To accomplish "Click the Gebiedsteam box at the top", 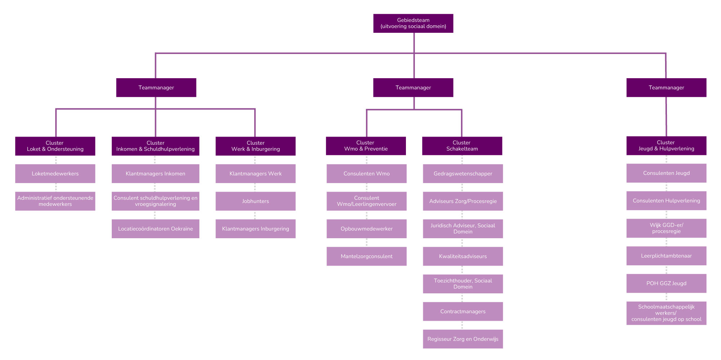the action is click(x=413, y=23).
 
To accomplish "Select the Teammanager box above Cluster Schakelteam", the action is click(x=413, y=88).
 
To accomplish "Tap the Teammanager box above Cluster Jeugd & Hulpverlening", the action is click(x=666, y=88).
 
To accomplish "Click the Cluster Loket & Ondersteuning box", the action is click(x=55, y=146).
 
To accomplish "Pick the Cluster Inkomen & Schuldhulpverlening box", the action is click(x=155, y=146).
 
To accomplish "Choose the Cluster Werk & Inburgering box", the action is click(x=256, y=146).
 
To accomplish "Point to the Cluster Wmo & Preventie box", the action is click(x=366, y=146).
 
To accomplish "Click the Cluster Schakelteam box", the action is click(x=462, y=146).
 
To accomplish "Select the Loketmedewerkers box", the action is click(x=55, y=174).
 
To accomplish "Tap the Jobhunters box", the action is click(x=256, y=201).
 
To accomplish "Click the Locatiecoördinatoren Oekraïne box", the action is click(x=155, y=229).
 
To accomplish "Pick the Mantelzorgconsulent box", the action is click(x=367, y=256).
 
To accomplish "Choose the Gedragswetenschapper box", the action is click(x=463, y=174).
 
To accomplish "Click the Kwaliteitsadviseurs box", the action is click(x=463, y=256).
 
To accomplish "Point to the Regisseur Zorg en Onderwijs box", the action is click(x=463, y=339).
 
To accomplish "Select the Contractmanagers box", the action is click(x=463, y=311).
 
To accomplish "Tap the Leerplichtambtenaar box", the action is click(x=666, y=256).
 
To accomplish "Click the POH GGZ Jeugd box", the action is click(x=666, y=283).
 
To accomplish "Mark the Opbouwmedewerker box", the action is click(x=367, y=229).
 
